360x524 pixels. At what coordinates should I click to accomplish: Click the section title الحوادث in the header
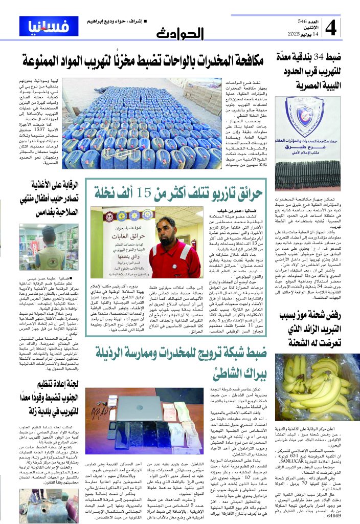click(x=180, y=33)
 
